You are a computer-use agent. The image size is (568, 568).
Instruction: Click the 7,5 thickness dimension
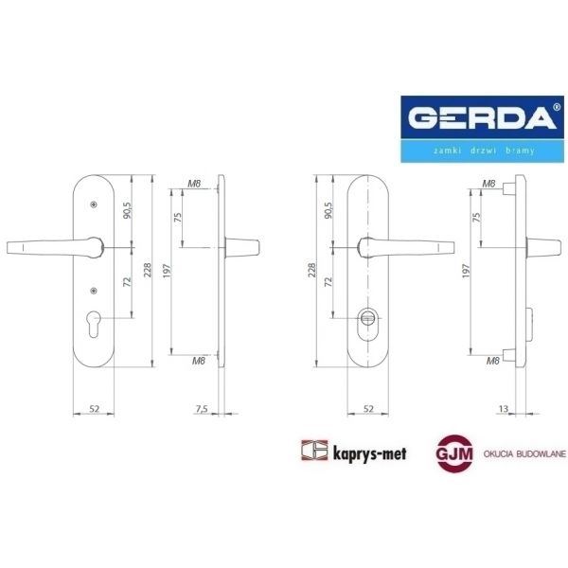201,409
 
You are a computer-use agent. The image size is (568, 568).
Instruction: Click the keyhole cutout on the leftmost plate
94,320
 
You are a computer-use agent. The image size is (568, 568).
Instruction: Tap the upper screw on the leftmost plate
94,204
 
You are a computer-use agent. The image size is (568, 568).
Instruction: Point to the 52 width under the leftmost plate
95,409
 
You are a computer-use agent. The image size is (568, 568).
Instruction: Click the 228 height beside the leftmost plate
148,271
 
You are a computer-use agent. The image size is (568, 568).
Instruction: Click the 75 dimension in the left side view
177,217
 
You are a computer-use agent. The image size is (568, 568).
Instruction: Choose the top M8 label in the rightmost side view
489,183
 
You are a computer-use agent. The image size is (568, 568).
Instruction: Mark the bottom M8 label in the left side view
198,361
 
